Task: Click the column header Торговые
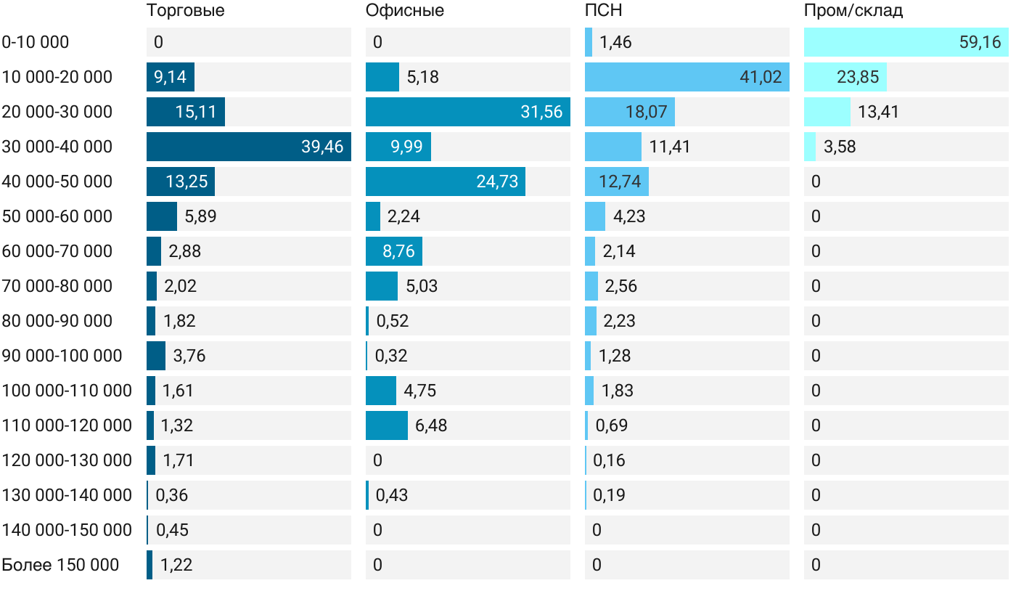click(x=185, y=10)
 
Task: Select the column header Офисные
click(x=404, y=10)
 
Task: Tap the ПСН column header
click(x=603, y=10)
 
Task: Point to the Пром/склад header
click(x=853, y=10)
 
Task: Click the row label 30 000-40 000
click(x=57, y=147)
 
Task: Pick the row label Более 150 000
click(x=60, y=565)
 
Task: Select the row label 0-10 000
click(x=36, y=42)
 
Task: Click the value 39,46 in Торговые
click(x=322, y=147)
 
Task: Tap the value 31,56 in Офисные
click(x=541, y=112)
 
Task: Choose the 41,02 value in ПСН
click(x=761, y=77)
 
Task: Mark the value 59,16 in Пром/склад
click(x=980, y=42)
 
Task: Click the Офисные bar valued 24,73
click(x=445, y=182)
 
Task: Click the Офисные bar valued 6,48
click(x=387, y=425)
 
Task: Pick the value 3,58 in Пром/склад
click(x=840, y=147)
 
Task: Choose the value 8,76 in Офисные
click(x=398, y=251)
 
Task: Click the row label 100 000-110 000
click(x=67, y=391)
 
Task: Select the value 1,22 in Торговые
click(x=176, y=565)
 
